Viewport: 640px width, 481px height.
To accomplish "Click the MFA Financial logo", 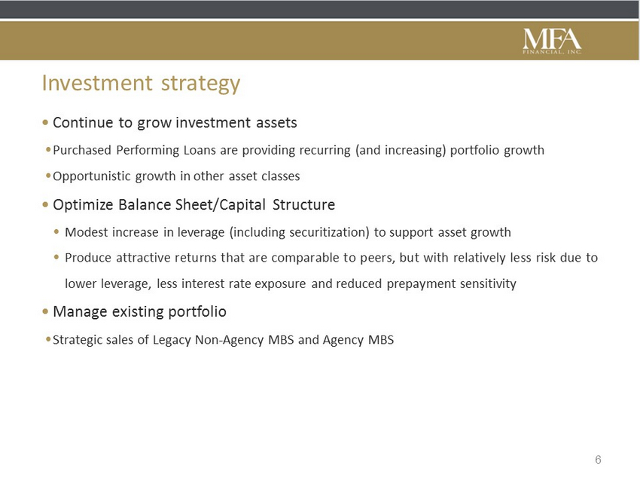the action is [x=552, y=41].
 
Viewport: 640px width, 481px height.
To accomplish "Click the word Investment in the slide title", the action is [x=97, y=82].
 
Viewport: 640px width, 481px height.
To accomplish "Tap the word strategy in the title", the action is [x=200, y=84].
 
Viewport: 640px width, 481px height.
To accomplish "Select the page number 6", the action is [x=598, y=460].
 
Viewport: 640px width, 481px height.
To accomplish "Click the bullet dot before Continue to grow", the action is [x=45, y=122].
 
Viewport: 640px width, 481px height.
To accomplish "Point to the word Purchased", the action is [x=82, y=150].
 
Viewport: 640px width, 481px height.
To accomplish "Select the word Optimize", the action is [x=83, y=204].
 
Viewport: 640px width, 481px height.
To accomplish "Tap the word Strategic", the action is [x=77, y=340].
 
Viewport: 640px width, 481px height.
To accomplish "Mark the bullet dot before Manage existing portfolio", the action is [x=45, y=311].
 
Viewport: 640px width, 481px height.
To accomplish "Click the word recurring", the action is [x=325, y=150].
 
